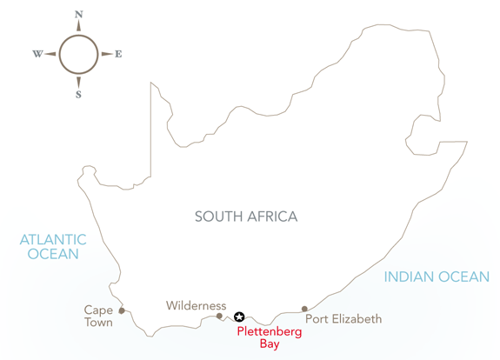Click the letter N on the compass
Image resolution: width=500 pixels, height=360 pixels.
[79, 15]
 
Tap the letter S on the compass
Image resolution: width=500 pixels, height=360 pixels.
[78, 95]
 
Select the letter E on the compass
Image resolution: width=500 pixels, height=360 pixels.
[118, 54]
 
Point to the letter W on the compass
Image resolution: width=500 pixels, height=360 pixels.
[37, 54]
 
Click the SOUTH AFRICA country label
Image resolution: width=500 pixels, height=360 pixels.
[246, 217]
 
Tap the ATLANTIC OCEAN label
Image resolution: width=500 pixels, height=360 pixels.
[53, 247]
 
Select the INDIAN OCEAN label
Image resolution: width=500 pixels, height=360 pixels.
[437, 277]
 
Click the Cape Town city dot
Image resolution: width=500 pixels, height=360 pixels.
[122, 310]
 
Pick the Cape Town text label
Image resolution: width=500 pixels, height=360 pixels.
[98, 316]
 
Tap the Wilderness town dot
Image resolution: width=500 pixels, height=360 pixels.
[219, 316]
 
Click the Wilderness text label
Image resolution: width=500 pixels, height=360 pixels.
[197, 306]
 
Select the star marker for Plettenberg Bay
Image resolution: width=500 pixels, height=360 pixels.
[239, 317]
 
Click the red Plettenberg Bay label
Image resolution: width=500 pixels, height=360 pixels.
[270, 337]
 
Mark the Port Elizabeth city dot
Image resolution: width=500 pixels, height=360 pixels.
[304, 309]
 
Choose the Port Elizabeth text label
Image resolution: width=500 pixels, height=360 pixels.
[343, 319]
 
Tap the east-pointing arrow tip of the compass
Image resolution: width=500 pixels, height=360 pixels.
[112, 54]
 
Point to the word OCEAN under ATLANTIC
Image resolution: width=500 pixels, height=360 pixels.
[53, 254]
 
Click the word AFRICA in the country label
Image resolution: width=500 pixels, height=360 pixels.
[272, 217]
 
